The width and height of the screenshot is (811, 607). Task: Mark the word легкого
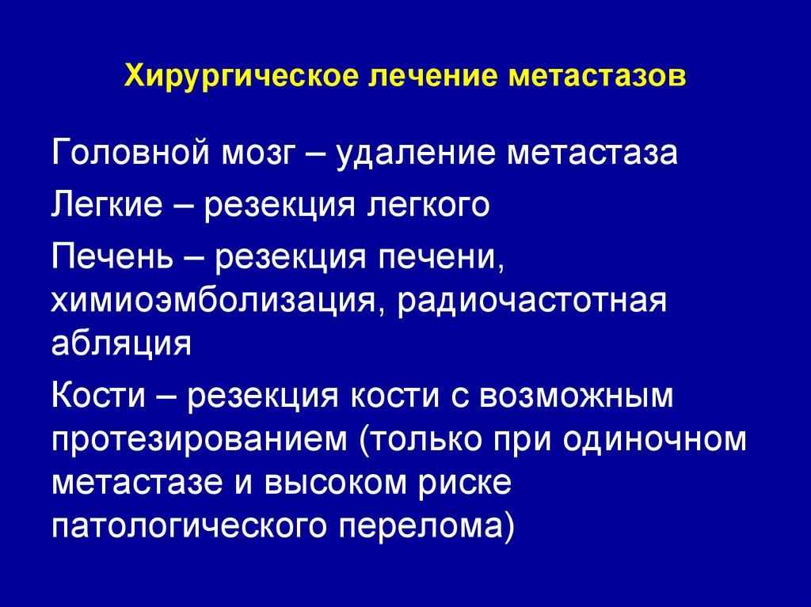(x=428, y=205)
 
